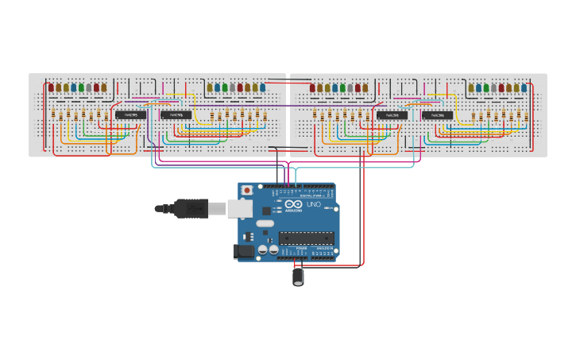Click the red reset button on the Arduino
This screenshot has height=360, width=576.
pyautogui.click(x=248, y=191)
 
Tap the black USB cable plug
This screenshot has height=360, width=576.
pyautogui.click(x=191, y=208)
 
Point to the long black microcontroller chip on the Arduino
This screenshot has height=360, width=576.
pyautogui.click(x=306, y=236)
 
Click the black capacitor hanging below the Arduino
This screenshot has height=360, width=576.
pyautogui.click(x=299, y=276)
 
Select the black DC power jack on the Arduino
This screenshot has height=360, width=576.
pyautogui.click(x=245, y=252)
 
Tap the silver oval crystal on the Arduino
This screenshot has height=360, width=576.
pyautogui.click(x=265, y=224)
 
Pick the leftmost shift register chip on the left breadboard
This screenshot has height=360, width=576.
pyautogui.click(x=129, y=115)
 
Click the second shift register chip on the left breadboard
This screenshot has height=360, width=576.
pyautogui.click(x=174, y=115)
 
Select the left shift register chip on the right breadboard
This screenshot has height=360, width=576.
pyautogui.click(x=391, y=115)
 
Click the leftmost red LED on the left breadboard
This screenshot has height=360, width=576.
pyautogui.click(x=51, y=87)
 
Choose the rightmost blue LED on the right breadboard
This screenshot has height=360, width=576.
pyautogui.click(x=524, y=87)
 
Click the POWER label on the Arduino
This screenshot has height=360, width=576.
pyautogui.click(x=301, y=249)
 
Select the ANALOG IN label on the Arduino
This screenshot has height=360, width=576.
pyautogui.click(x=324, y=249)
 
